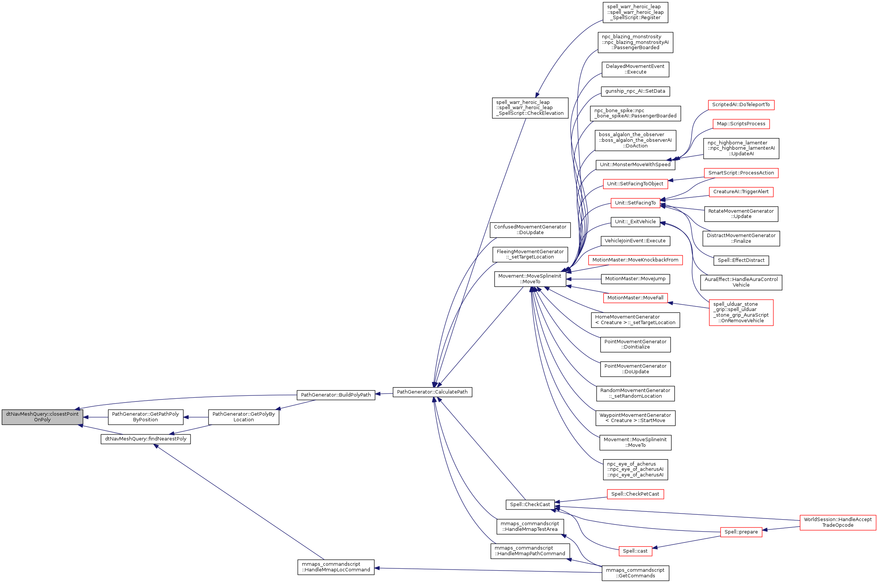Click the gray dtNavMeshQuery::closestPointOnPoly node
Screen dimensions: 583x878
coord(42,417)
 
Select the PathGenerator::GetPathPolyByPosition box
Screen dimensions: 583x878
coord(146,417)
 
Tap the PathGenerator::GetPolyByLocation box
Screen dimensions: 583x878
coord(243,417)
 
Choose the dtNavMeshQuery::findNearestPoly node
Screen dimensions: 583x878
coord(146,439)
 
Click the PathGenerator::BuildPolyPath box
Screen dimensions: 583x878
coord(336,395)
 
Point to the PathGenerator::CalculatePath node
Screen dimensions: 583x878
coord(432,392)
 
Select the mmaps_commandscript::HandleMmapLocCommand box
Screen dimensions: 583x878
coord(336,567)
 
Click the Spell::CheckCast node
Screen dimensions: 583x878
coord(530,505)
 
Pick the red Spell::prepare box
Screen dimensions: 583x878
coord(741,532)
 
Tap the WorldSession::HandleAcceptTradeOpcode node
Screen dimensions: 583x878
coord(837,522)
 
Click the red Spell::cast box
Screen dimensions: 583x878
coord(635,551)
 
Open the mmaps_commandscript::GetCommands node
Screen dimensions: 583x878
coord(635,573)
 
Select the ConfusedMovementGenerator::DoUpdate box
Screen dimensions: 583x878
coord(530,230)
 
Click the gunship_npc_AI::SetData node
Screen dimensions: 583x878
coord(635,91)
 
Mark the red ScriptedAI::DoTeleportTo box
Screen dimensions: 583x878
coord(741,105)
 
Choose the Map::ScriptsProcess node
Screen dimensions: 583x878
coord(741,124)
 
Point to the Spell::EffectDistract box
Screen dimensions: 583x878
coord(741,260)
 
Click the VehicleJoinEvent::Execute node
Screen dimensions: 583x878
coord(635,241)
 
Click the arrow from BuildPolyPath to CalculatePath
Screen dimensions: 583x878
coord(384,394)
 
